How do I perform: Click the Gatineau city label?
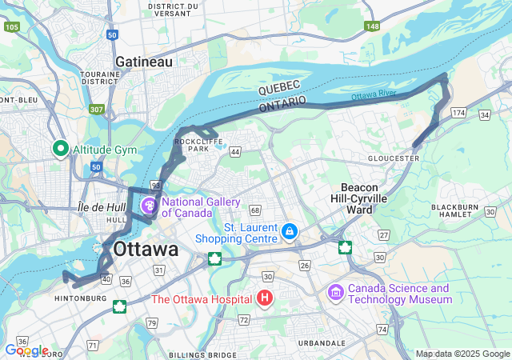[x=143, y=62]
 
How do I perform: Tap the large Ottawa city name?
[x=146, y=249]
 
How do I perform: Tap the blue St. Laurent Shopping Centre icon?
[x=290, y=233]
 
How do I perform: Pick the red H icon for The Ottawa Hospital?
[x=266, y=299]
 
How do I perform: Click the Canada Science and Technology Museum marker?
[x=336, y=294]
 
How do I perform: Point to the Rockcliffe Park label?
[x=191, y=145]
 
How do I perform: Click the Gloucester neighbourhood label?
[x=394, y=158]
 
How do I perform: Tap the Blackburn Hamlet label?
[x=455, y=211]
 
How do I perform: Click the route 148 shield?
[x=372, y=26]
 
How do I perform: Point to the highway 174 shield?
[x=458, y=114]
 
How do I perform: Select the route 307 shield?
[x=97, y=110]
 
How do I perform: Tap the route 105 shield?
[x=11, y=26]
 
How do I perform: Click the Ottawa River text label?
[x=374, y=96]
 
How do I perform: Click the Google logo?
[x=26, y=350]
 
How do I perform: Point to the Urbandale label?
[x=321, y=342]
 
